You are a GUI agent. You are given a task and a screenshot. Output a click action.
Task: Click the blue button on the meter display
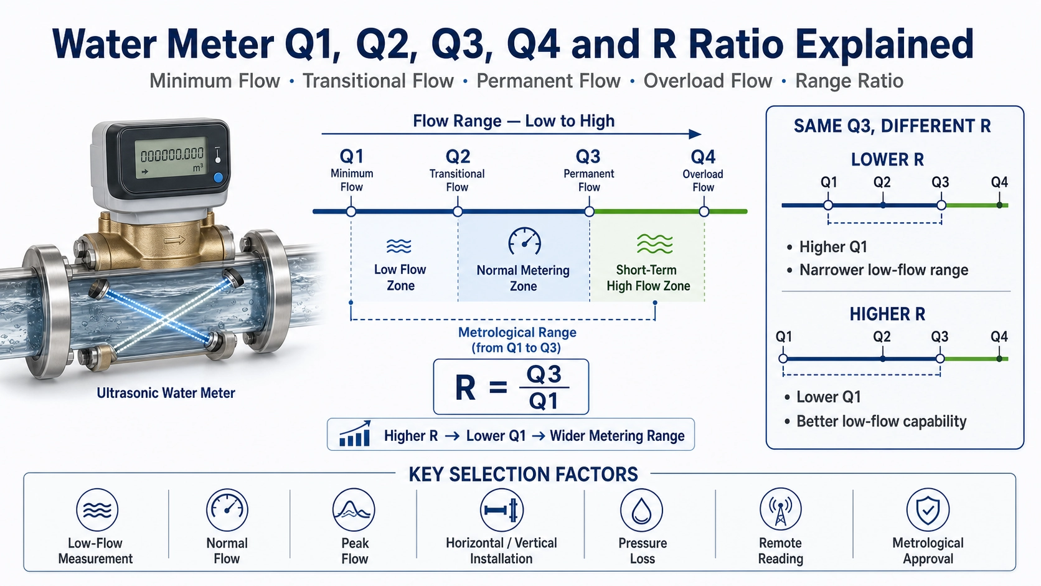[x=218, y=177]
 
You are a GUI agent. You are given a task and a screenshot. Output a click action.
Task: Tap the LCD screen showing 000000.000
[x=171, y=158]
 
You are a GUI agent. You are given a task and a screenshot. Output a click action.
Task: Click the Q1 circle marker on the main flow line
[x=351, y=212]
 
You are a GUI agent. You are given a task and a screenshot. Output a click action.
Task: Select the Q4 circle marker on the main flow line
[x=704, y=212]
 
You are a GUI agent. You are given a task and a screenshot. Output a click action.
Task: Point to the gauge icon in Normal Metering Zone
[x=524, y=241]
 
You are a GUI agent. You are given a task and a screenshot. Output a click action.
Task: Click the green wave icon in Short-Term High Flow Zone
[x=655, y=243]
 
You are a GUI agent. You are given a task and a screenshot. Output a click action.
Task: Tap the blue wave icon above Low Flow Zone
[x=398, y=246]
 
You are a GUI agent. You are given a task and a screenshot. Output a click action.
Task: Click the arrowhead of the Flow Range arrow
[x=695, y=134]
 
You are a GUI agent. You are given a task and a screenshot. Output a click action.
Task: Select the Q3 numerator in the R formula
[x=544, y=374]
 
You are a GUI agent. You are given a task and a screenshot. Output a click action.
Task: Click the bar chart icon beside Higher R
[x=355, y=434]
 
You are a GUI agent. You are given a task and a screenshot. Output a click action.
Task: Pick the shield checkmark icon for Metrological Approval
[x=928, y=510]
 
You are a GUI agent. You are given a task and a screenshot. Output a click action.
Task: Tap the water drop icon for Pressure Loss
[x=641, y=510]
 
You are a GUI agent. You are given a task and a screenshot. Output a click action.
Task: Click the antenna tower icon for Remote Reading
[x=781, y=510]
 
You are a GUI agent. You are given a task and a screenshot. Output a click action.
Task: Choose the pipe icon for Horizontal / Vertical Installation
[x=501, y=510]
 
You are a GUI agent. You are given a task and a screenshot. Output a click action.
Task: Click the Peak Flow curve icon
[x=354, y=510]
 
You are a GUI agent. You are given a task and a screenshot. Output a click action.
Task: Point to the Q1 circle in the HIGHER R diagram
[x=783, y=359]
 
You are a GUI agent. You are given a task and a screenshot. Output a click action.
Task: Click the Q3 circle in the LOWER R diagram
[x=941, y=205]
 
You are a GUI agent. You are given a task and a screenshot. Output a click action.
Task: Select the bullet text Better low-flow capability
[x=881, y=421]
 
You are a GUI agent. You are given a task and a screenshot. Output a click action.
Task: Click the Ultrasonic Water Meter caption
[x=166, y=393]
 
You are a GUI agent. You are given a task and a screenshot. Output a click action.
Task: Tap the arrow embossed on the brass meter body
[x=175, y=240]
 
